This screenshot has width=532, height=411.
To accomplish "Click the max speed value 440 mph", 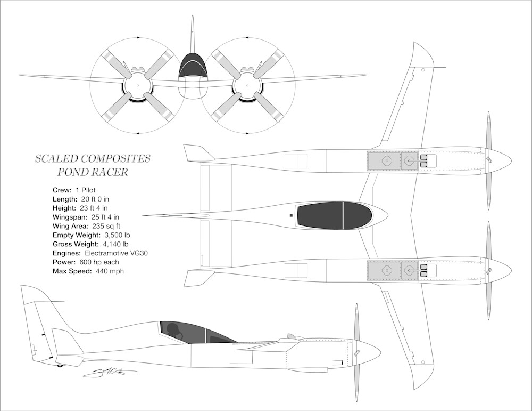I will (x=110, y=271).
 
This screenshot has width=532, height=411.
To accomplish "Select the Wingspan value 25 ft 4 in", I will (x=104, y=217).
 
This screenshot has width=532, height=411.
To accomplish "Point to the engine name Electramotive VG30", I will (x=117, y=253).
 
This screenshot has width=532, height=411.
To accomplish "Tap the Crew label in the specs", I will (x=61, y=190).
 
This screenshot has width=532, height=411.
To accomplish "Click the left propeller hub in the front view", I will (x=138, y=85).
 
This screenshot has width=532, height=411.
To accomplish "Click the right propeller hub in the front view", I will (x=247, y=85).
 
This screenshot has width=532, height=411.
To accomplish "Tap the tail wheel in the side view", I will (x=60, y=365).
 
